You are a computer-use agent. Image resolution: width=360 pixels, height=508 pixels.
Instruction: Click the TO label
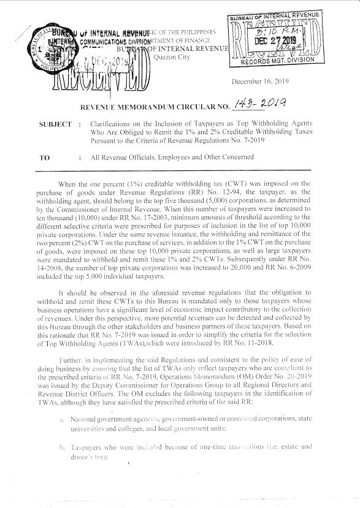(x=44, y=157)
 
